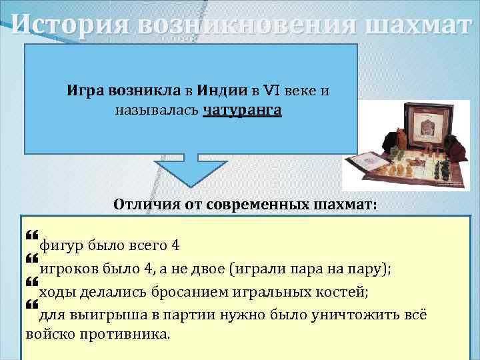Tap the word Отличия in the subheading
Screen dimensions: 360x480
[x=143, y=203]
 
